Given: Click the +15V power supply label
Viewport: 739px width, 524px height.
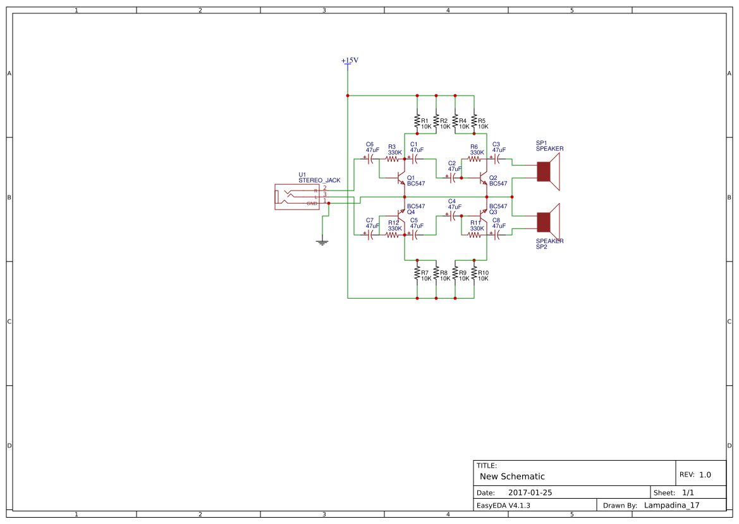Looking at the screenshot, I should coord(350,60).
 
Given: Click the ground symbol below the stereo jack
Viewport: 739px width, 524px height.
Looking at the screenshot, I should coord(322,241).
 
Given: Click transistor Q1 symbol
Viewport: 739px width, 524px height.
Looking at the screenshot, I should coord(401,178).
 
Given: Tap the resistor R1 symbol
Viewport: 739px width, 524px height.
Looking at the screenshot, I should coord(417,121).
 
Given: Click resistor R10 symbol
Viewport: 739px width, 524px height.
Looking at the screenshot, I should coord(474,273).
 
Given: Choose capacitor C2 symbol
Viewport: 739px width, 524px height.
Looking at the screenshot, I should coord(453,178).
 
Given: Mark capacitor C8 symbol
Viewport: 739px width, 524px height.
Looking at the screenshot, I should coord(497,235).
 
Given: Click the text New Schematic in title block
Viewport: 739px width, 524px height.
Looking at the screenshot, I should coord(512,477).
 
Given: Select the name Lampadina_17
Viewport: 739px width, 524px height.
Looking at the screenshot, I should coord(671,505).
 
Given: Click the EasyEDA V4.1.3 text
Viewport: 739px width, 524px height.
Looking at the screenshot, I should coord(503,505).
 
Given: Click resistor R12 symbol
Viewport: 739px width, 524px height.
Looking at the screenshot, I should coord(393,235).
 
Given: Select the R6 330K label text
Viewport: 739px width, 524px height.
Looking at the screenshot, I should coord(477,149).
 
